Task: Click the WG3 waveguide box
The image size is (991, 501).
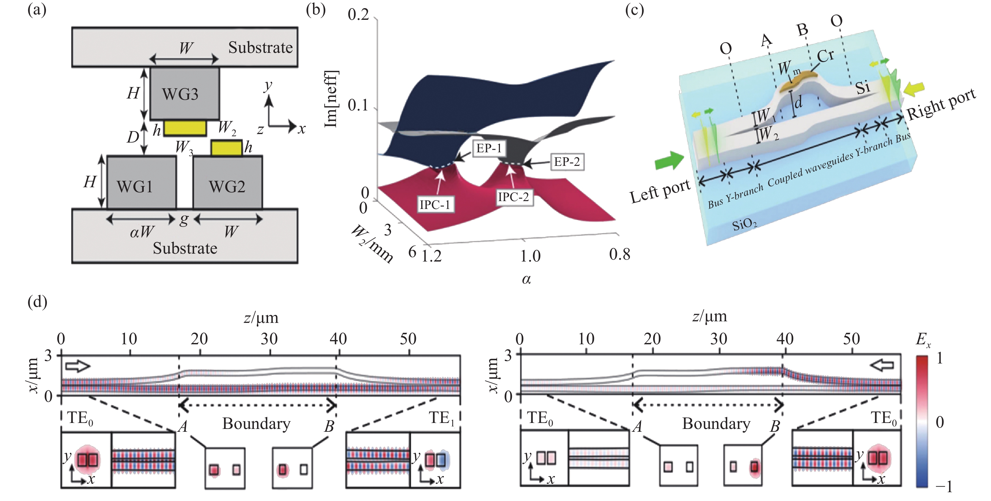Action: [x=185, y=93]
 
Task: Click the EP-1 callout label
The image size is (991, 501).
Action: [x=489, y=148]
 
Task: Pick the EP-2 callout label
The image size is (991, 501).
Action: [x=567, y=162]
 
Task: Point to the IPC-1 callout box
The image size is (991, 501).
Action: [x=435, y=204]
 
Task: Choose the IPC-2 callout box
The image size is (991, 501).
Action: [x=513, y=197]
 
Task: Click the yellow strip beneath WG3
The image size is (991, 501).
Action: [x=185, y=128]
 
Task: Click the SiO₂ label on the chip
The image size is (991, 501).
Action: [x=744, y=224]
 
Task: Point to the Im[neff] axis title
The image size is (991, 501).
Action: [x=331, y=99]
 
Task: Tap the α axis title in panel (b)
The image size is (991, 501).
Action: [x=526, y=279]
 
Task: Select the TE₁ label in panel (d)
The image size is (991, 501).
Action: [x=442, y=418]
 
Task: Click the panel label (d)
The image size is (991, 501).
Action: [x=37, y=302]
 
